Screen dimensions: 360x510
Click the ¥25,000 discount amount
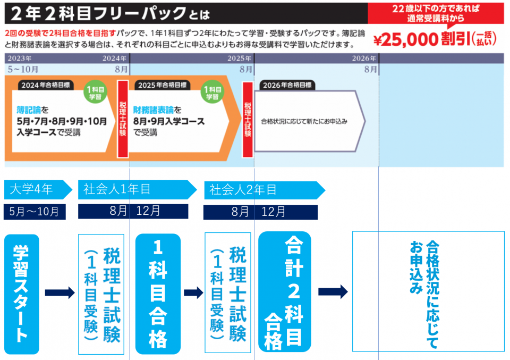coord(406,40)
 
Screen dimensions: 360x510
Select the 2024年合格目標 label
coord(46,85)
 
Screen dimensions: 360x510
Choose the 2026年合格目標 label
coord(287,85)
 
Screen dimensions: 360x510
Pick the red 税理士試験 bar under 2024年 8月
coord(123,119)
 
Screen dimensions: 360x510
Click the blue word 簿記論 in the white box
coord(29,111)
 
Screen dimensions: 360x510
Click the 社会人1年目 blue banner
coord(135,190)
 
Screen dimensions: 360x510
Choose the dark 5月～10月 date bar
coord(35,212)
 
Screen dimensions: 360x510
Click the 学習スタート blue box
coord(21,294)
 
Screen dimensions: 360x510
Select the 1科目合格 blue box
coord(158,294)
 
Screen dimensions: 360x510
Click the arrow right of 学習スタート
coord(59,292)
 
